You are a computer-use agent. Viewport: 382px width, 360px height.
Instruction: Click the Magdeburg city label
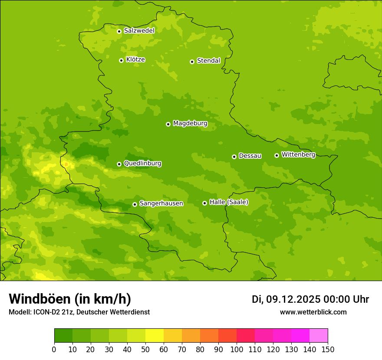coord(190,124)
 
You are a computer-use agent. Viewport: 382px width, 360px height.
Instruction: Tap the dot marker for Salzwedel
coord(119,31)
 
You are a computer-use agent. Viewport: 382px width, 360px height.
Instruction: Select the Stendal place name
coord(208,61)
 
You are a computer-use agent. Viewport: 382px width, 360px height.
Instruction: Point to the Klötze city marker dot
coord(121,60)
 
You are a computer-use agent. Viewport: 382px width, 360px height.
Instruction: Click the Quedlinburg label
coord(142,164)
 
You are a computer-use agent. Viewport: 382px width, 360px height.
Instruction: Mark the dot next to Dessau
coord(234,157)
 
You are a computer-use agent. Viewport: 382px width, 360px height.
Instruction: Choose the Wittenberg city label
coord(298,154)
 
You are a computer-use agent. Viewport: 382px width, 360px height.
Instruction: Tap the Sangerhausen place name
coord(161,203)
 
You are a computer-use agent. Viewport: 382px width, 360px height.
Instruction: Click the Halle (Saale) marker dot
coord(204,203)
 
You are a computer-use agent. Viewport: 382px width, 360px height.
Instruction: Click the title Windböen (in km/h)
coord(70,299)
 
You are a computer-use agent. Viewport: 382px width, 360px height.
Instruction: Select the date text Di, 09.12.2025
coord(286,299)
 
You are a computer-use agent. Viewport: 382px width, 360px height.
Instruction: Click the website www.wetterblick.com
coord(313,312)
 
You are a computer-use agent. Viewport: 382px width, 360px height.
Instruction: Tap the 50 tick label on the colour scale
coord(145,349)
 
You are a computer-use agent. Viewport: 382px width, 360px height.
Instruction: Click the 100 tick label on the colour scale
coord(237,349)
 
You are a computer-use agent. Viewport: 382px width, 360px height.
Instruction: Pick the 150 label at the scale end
coord(328,349)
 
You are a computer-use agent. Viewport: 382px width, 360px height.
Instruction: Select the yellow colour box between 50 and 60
coord(155,336)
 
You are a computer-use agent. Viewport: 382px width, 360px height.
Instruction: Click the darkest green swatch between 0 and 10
coord(63,336)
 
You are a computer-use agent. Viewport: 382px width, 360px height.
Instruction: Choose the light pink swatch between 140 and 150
coord(319,336)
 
